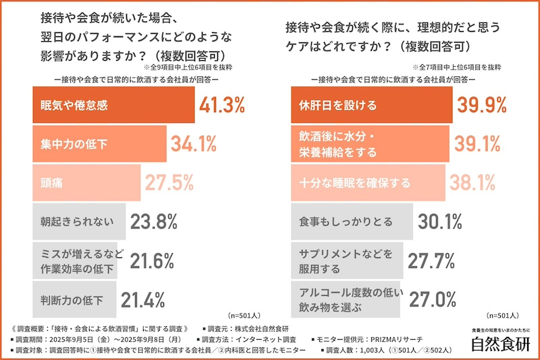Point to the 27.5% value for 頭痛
pos(169,182)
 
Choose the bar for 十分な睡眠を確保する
pos(367,182)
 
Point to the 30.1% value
pos(439,220)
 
